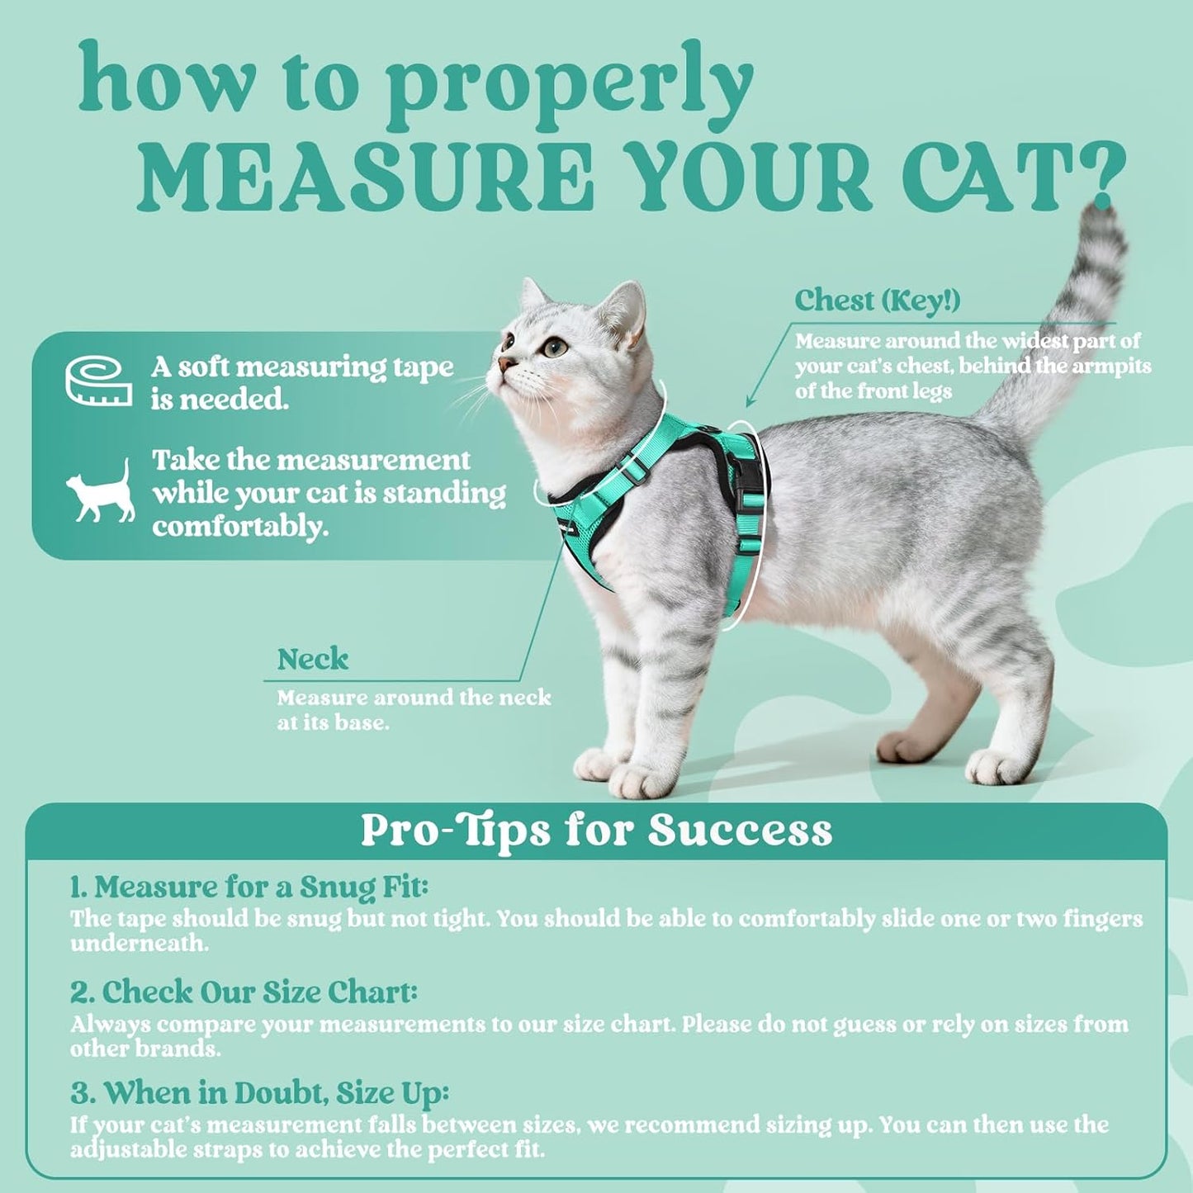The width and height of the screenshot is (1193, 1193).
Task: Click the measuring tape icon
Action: point(98,381)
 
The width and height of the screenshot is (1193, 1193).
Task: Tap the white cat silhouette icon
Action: point(102,491)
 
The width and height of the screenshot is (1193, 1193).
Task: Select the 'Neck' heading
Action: point(312,660)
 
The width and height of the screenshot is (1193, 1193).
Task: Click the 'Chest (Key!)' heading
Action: point(877,301)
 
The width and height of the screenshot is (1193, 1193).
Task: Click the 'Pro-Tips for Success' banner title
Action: point(596,831)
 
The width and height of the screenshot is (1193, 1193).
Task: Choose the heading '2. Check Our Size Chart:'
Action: point(244,992)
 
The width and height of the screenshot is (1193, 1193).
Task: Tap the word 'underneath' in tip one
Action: point(138,944)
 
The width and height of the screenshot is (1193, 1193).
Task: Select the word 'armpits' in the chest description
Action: point(1107,366)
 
